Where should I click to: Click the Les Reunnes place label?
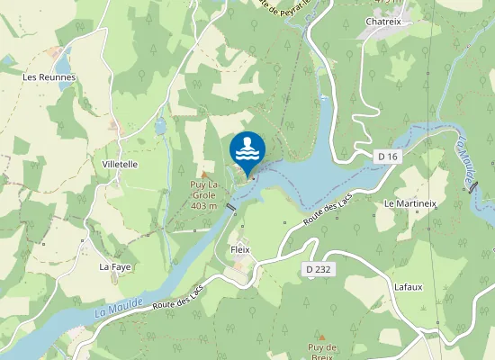coord(49,77)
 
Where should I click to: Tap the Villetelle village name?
coord(120,165)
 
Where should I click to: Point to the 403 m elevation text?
coord(204,205)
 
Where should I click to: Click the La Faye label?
coord(115,266)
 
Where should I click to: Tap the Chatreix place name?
coord(382,22)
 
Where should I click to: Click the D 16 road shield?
coord(388,157)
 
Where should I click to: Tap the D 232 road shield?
coord(318,269)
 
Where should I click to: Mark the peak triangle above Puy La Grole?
coord(204,175)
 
